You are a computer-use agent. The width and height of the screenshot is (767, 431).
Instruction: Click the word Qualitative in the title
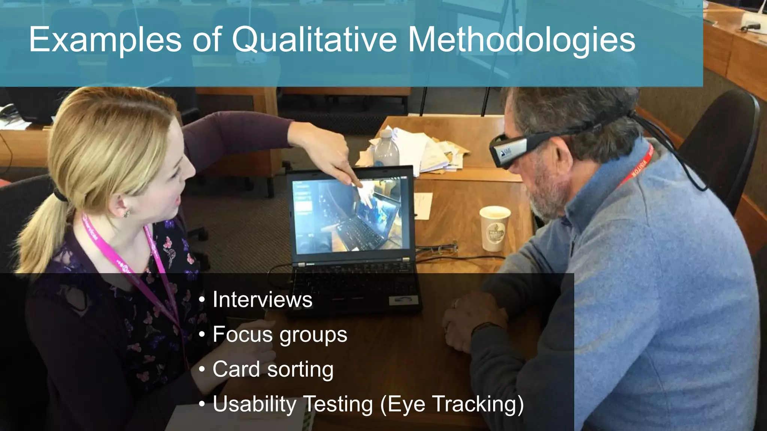point(314,40)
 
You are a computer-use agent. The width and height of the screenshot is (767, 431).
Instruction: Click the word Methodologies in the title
point(521,40)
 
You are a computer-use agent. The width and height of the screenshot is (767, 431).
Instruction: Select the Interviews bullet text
point(262,300)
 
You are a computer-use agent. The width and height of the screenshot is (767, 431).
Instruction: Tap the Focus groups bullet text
point(280,334)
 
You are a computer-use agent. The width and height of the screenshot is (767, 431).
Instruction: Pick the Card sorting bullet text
point(273,369)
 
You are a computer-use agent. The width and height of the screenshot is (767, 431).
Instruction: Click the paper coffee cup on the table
point(494,228)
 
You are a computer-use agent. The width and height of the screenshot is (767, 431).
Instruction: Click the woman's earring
point(127,214)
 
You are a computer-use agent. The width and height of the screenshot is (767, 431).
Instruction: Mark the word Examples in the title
point(105,40)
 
